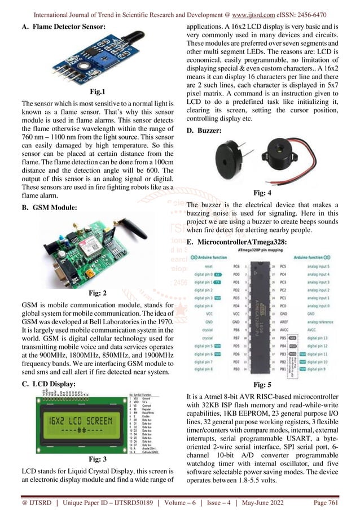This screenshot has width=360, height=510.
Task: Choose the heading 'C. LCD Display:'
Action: tap(47, 383)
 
